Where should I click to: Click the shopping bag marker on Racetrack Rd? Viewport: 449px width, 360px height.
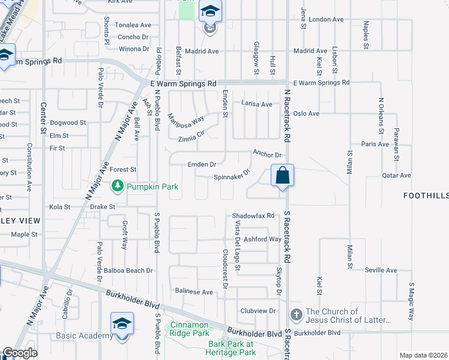(x=283, y=176)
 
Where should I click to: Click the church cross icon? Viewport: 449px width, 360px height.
(x=296, y=314)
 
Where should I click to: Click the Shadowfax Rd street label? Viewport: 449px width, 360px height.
(x=253, y=215)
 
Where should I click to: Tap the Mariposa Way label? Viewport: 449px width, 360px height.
(x=186, y=123)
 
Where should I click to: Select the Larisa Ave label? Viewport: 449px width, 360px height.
(x=256, y=104)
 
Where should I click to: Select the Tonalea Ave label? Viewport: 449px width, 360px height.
(x=133, y=25)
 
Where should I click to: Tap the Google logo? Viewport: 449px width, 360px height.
(x=19, y=353)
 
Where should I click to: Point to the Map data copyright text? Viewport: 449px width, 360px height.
(x=423, y=355)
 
